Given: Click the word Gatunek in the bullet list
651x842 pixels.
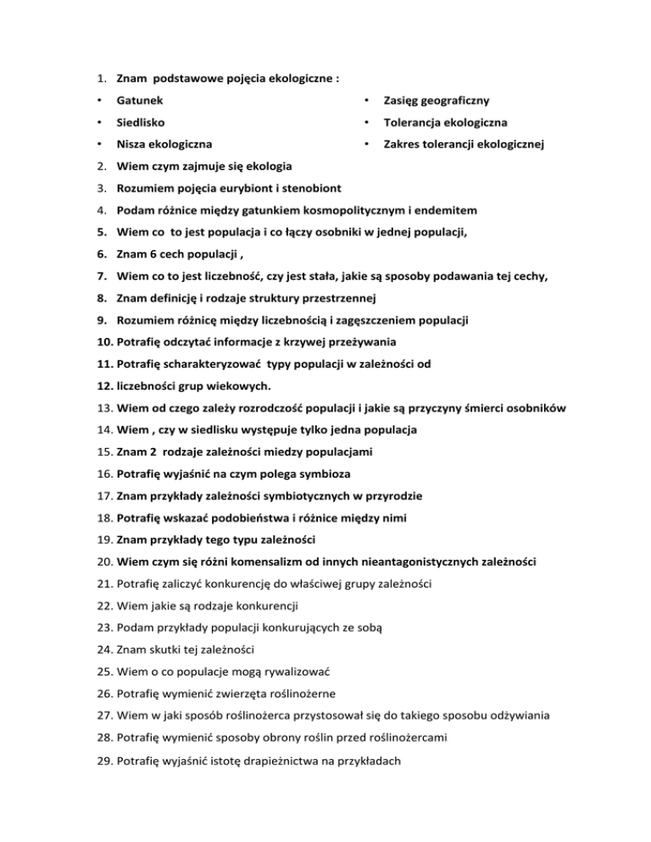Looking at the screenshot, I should pyautogui.click(x=140, y=101).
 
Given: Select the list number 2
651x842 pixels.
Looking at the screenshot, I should pyautogui.click(x=99, y=165).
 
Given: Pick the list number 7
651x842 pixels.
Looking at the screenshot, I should pyautogui.click(x=99, y=275).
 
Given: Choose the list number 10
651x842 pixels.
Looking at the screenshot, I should pyautogui.click(x=103, y=341).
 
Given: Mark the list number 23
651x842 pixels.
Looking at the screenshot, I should pyautogui.click(x=103, y=628).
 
